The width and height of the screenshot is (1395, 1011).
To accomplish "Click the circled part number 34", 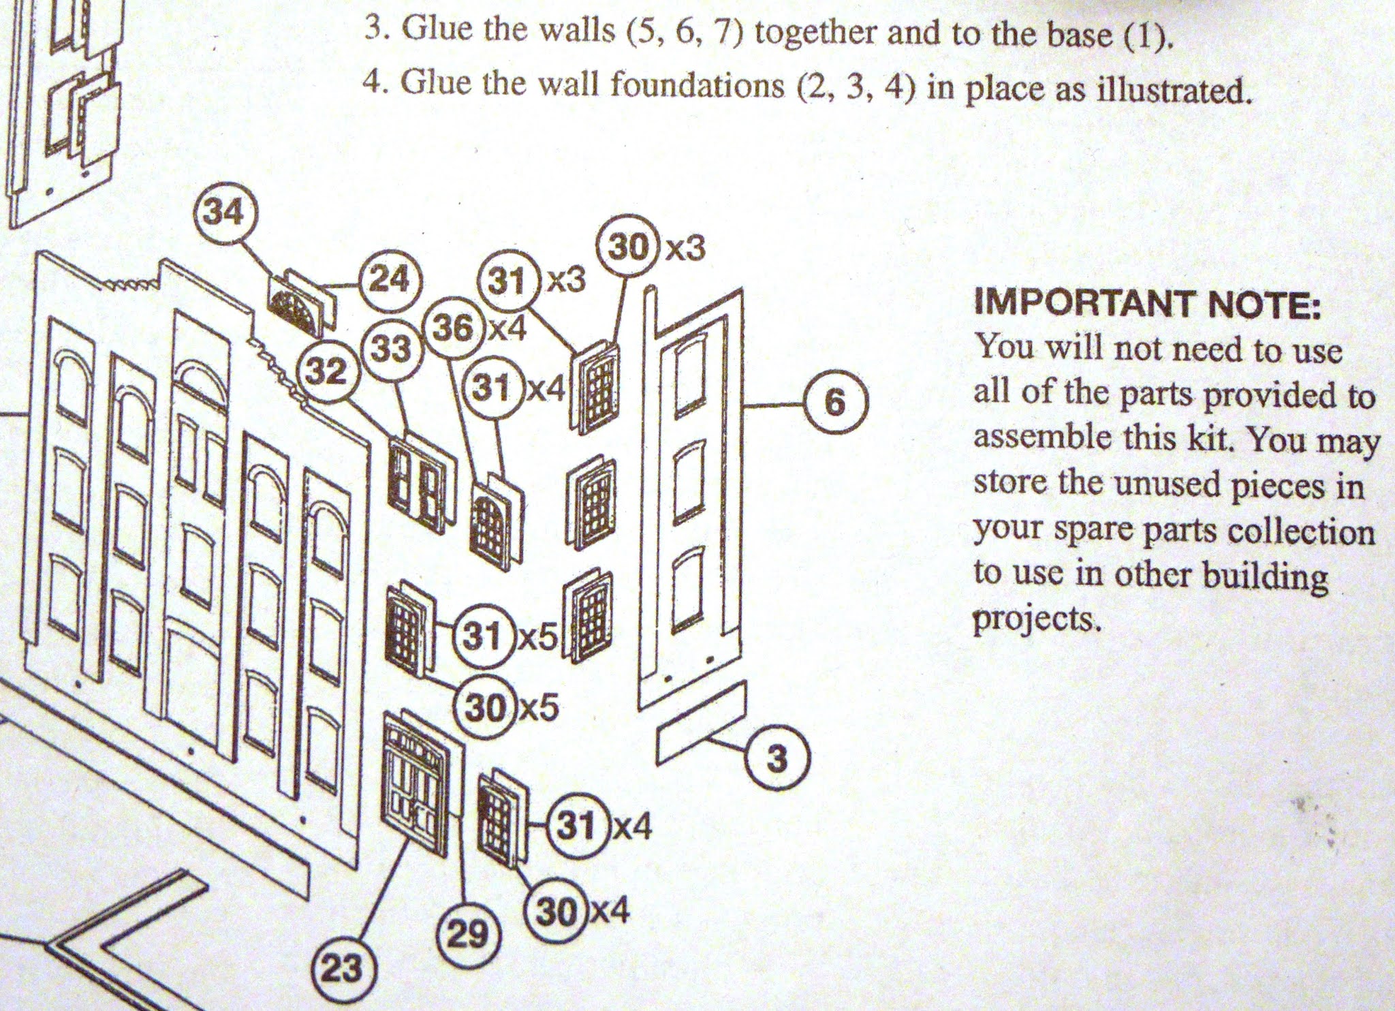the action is (225, 213).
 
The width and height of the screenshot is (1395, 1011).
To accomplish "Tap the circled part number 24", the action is (388, 280).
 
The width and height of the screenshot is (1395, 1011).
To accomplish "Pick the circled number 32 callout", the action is (327, 372).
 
